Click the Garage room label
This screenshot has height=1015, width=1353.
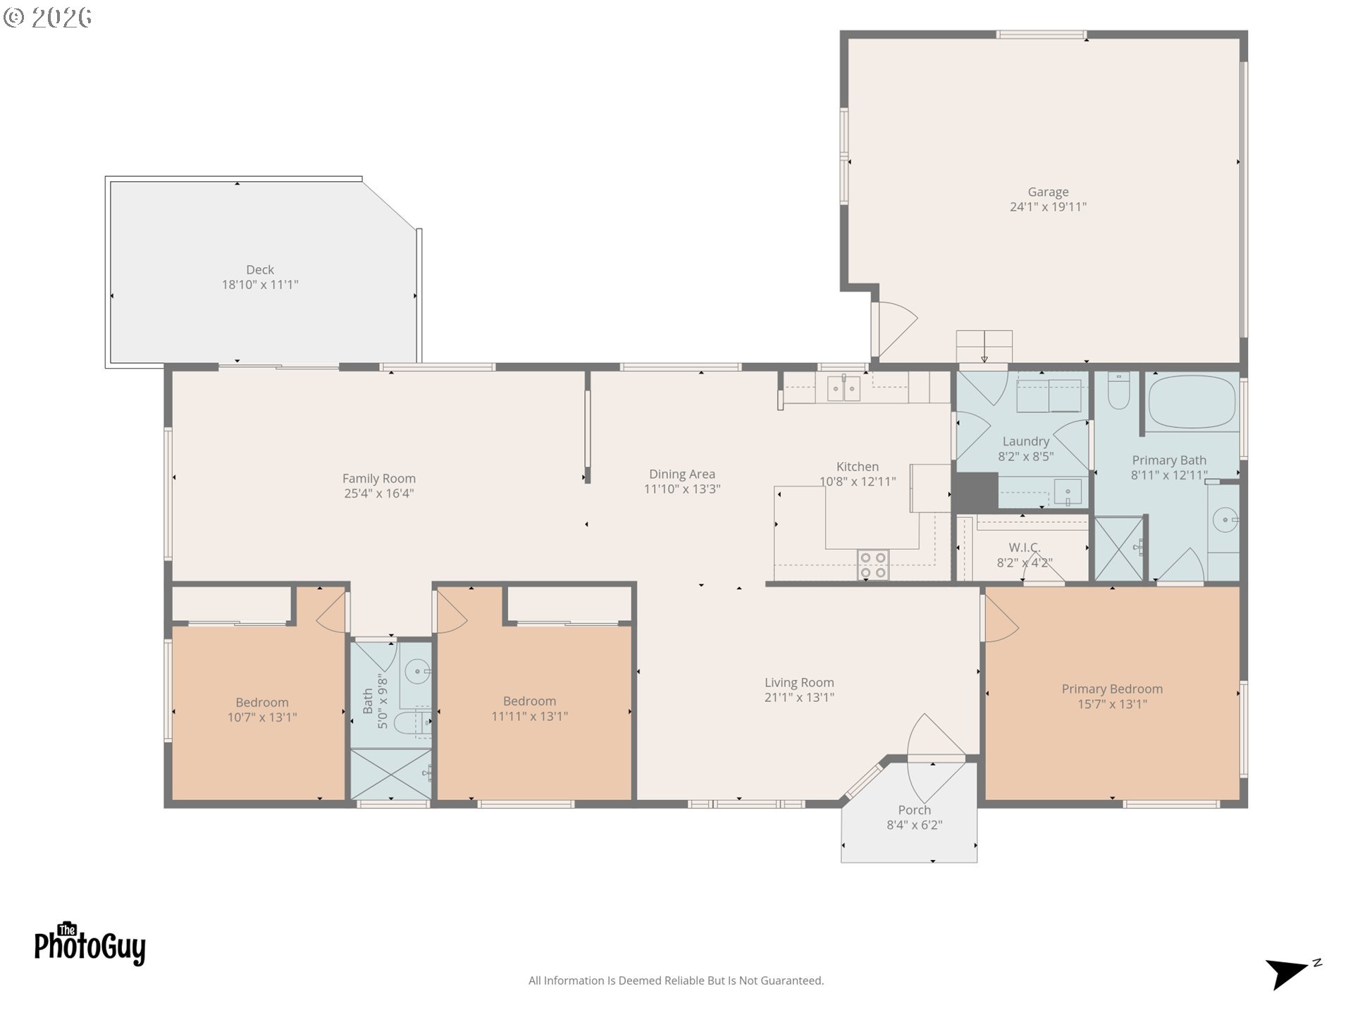coord(1048,192)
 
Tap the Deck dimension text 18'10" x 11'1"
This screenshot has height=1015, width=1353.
coord(260,285)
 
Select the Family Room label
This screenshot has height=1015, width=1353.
coord(379,479)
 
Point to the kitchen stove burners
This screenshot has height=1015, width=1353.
coord(873,565)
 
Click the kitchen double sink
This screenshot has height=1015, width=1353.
coord(844,388)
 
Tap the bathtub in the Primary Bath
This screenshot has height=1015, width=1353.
coord(1192,402)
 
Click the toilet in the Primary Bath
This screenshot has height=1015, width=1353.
coord(1118,390)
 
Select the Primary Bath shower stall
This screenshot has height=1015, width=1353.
coord(1118,549)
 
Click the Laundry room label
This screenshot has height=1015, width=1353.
coord(1026,441)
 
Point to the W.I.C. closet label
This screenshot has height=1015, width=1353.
coord(1025,548)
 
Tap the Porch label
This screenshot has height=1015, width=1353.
coord(915,810)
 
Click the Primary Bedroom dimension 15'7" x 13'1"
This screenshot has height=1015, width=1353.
coord(1112,704)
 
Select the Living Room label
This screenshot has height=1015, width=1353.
coord(799,682)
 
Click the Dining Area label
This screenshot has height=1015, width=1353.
coord(682,474)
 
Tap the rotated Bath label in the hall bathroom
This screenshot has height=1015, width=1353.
coord(368,701)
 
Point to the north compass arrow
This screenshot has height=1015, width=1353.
coord(1287,974)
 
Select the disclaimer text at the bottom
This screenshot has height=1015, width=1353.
coord(676,980)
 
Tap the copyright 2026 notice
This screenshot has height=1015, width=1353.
coord(48,18)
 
